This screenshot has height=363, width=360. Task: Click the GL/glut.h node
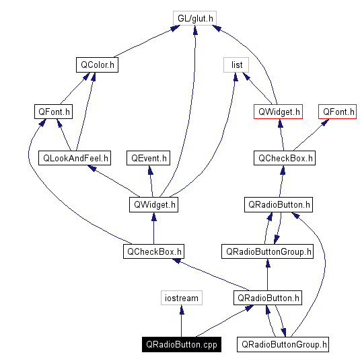194,19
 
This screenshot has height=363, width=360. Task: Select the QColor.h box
96,65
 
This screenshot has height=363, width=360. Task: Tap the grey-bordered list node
236,65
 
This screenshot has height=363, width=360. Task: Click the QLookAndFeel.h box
75,158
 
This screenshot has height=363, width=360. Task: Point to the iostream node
181,298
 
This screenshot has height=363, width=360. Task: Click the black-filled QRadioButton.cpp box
181,344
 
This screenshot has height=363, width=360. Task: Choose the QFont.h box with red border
338,112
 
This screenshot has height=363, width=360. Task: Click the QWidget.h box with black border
153,204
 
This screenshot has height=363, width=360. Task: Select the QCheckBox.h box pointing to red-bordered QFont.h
284,158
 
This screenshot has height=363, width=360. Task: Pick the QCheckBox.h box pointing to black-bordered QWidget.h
153,251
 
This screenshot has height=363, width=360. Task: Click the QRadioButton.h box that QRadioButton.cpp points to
268,298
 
